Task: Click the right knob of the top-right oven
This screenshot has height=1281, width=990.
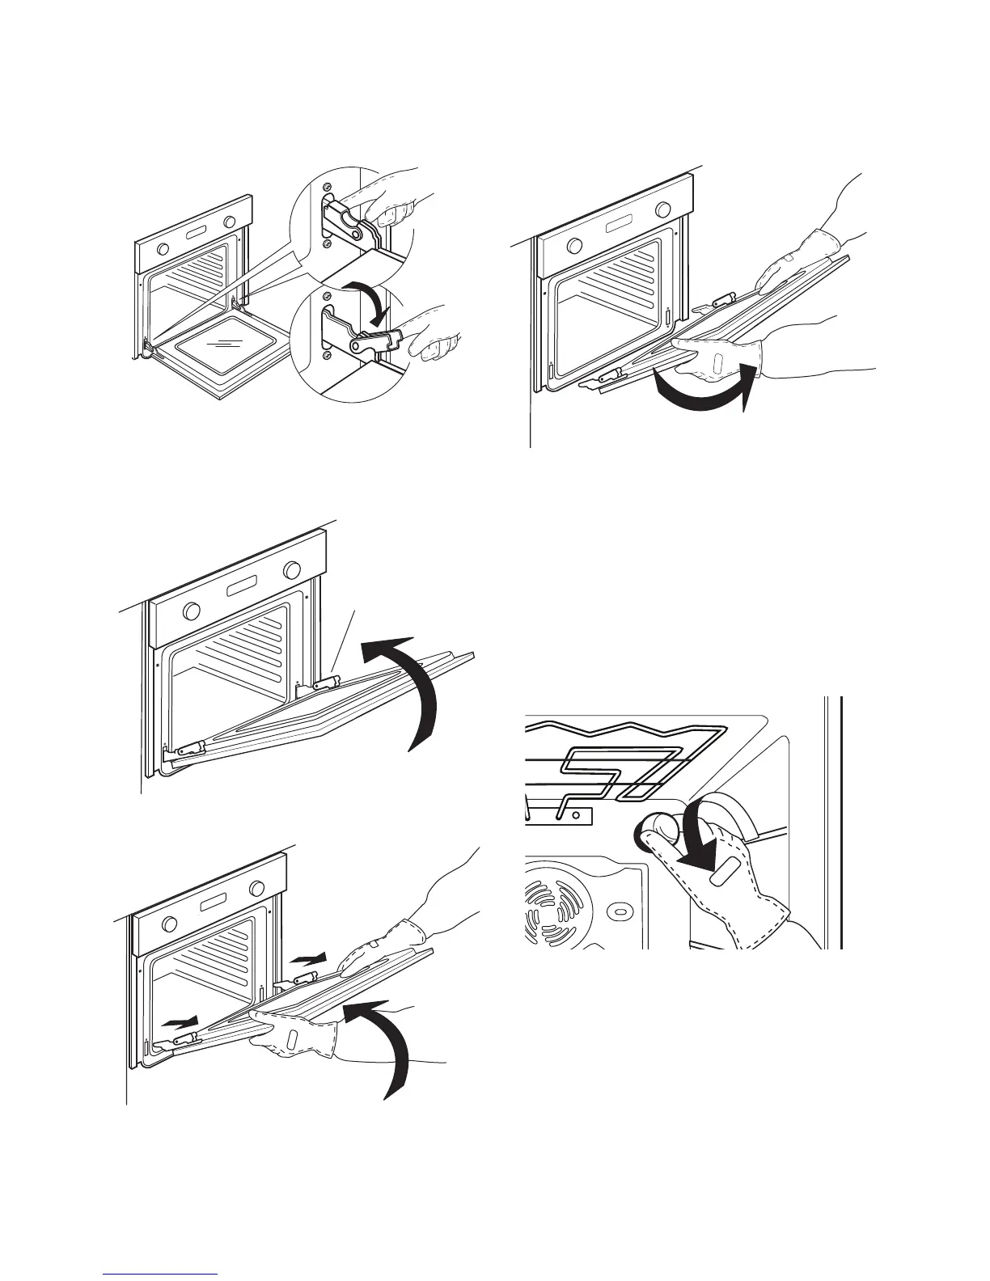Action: (663, 211)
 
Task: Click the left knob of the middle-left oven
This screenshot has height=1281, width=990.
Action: (192, 609)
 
